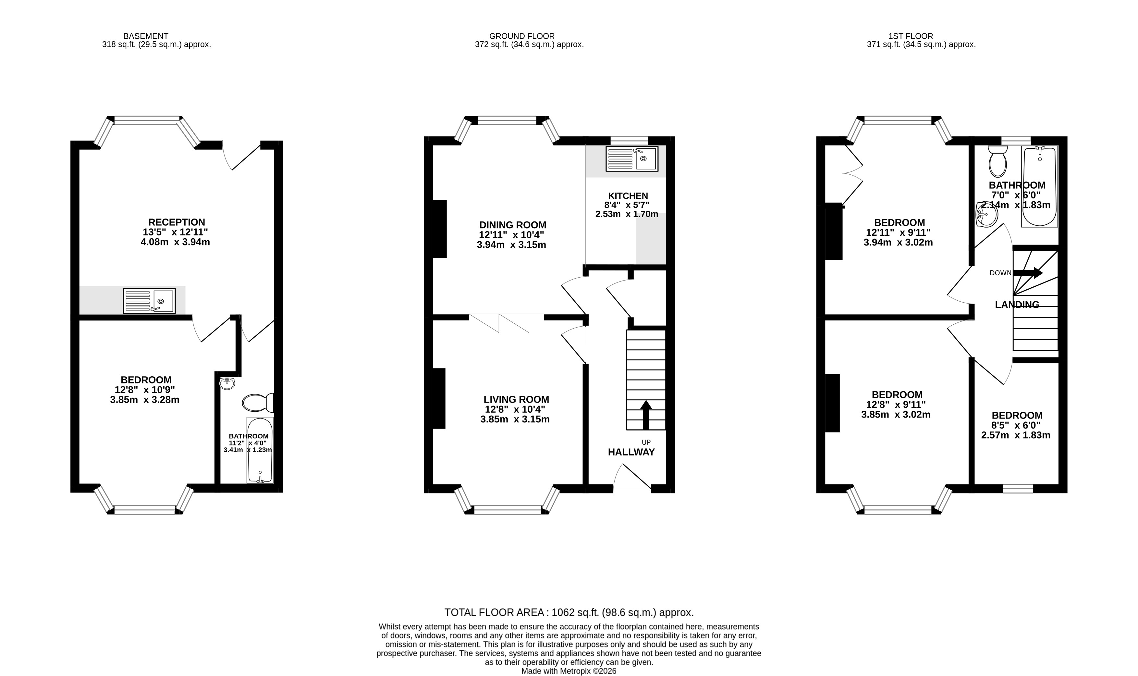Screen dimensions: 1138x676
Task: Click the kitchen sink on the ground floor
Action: pos(632,159)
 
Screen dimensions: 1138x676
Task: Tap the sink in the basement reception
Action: pos(149,301)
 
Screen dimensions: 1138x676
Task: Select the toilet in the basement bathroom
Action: pos(258,403)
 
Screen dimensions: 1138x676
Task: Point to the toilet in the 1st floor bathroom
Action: pos(998,162)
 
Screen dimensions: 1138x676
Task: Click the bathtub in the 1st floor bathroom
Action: pos(1040,186)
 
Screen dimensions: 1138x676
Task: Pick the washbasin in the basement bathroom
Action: pos(227,383)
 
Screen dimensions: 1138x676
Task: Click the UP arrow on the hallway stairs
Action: pos(646,415)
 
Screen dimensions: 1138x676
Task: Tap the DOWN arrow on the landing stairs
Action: pos(1028,273)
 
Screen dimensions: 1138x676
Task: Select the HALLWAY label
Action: pos(631,452)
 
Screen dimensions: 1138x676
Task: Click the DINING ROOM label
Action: pos(513,225)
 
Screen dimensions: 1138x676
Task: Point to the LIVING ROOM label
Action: pos(516,399)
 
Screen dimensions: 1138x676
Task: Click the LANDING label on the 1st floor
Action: pos(1017,305)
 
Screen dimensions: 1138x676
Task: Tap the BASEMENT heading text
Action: pos(146,36)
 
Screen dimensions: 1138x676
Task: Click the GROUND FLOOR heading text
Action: pos(522,36)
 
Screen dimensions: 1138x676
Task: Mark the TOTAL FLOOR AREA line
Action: pos(569,612)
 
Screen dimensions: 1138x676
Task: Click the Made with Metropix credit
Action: pos(569,671)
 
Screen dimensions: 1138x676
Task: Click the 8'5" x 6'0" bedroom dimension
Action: pos(1017,425)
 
